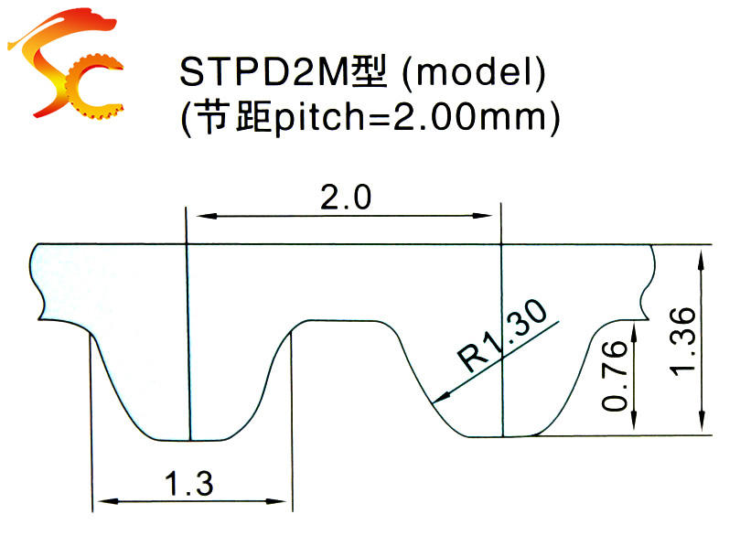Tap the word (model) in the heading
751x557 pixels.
click(x=475, y=73)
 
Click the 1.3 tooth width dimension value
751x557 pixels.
click(x=190, y=482)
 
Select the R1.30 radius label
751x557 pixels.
click(x=507, y=336)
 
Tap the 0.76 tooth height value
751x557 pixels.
click(x=617, y=375)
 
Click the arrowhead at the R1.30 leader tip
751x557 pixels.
click(x=439, y=398)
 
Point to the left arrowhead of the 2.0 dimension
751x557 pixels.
click(x=195, y=217)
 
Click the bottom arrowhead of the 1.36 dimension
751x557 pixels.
click(x=702, y=426)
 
